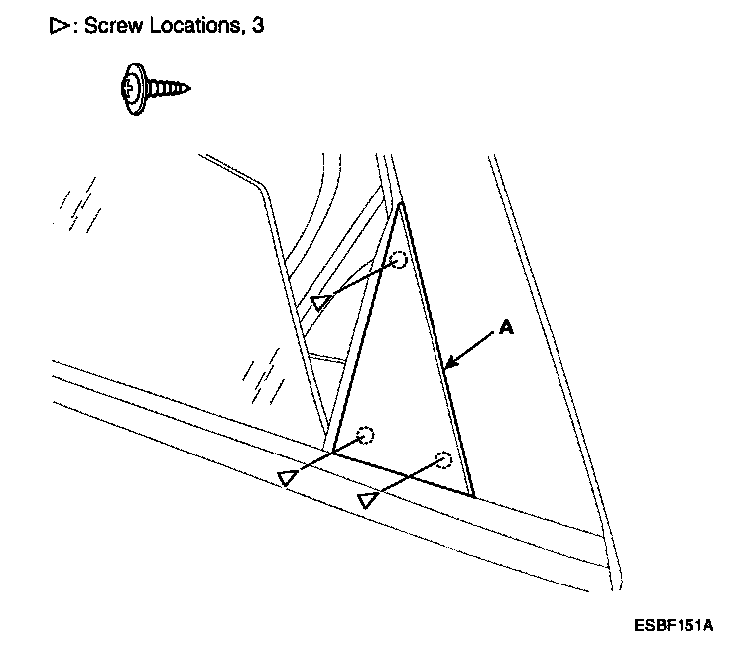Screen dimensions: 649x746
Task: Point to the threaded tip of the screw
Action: tap(185, 89)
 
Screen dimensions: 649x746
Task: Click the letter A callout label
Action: tap(506, 328)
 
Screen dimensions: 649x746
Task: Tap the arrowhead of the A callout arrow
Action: tap(448, 367)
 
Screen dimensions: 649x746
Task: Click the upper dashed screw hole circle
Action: tap(398, 261)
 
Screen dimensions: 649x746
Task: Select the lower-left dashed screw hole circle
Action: tap(365, 435)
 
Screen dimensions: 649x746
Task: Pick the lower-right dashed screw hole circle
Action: tap(443, 459)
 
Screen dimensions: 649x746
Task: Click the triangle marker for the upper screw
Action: tap(319, 302)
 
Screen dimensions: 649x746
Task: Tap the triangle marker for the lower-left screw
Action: tap(288, 478)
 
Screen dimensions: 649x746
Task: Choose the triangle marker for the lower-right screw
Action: tap(368, 500)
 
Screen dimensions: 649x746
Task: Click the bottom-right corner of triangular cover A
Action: tap(472, 495)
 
